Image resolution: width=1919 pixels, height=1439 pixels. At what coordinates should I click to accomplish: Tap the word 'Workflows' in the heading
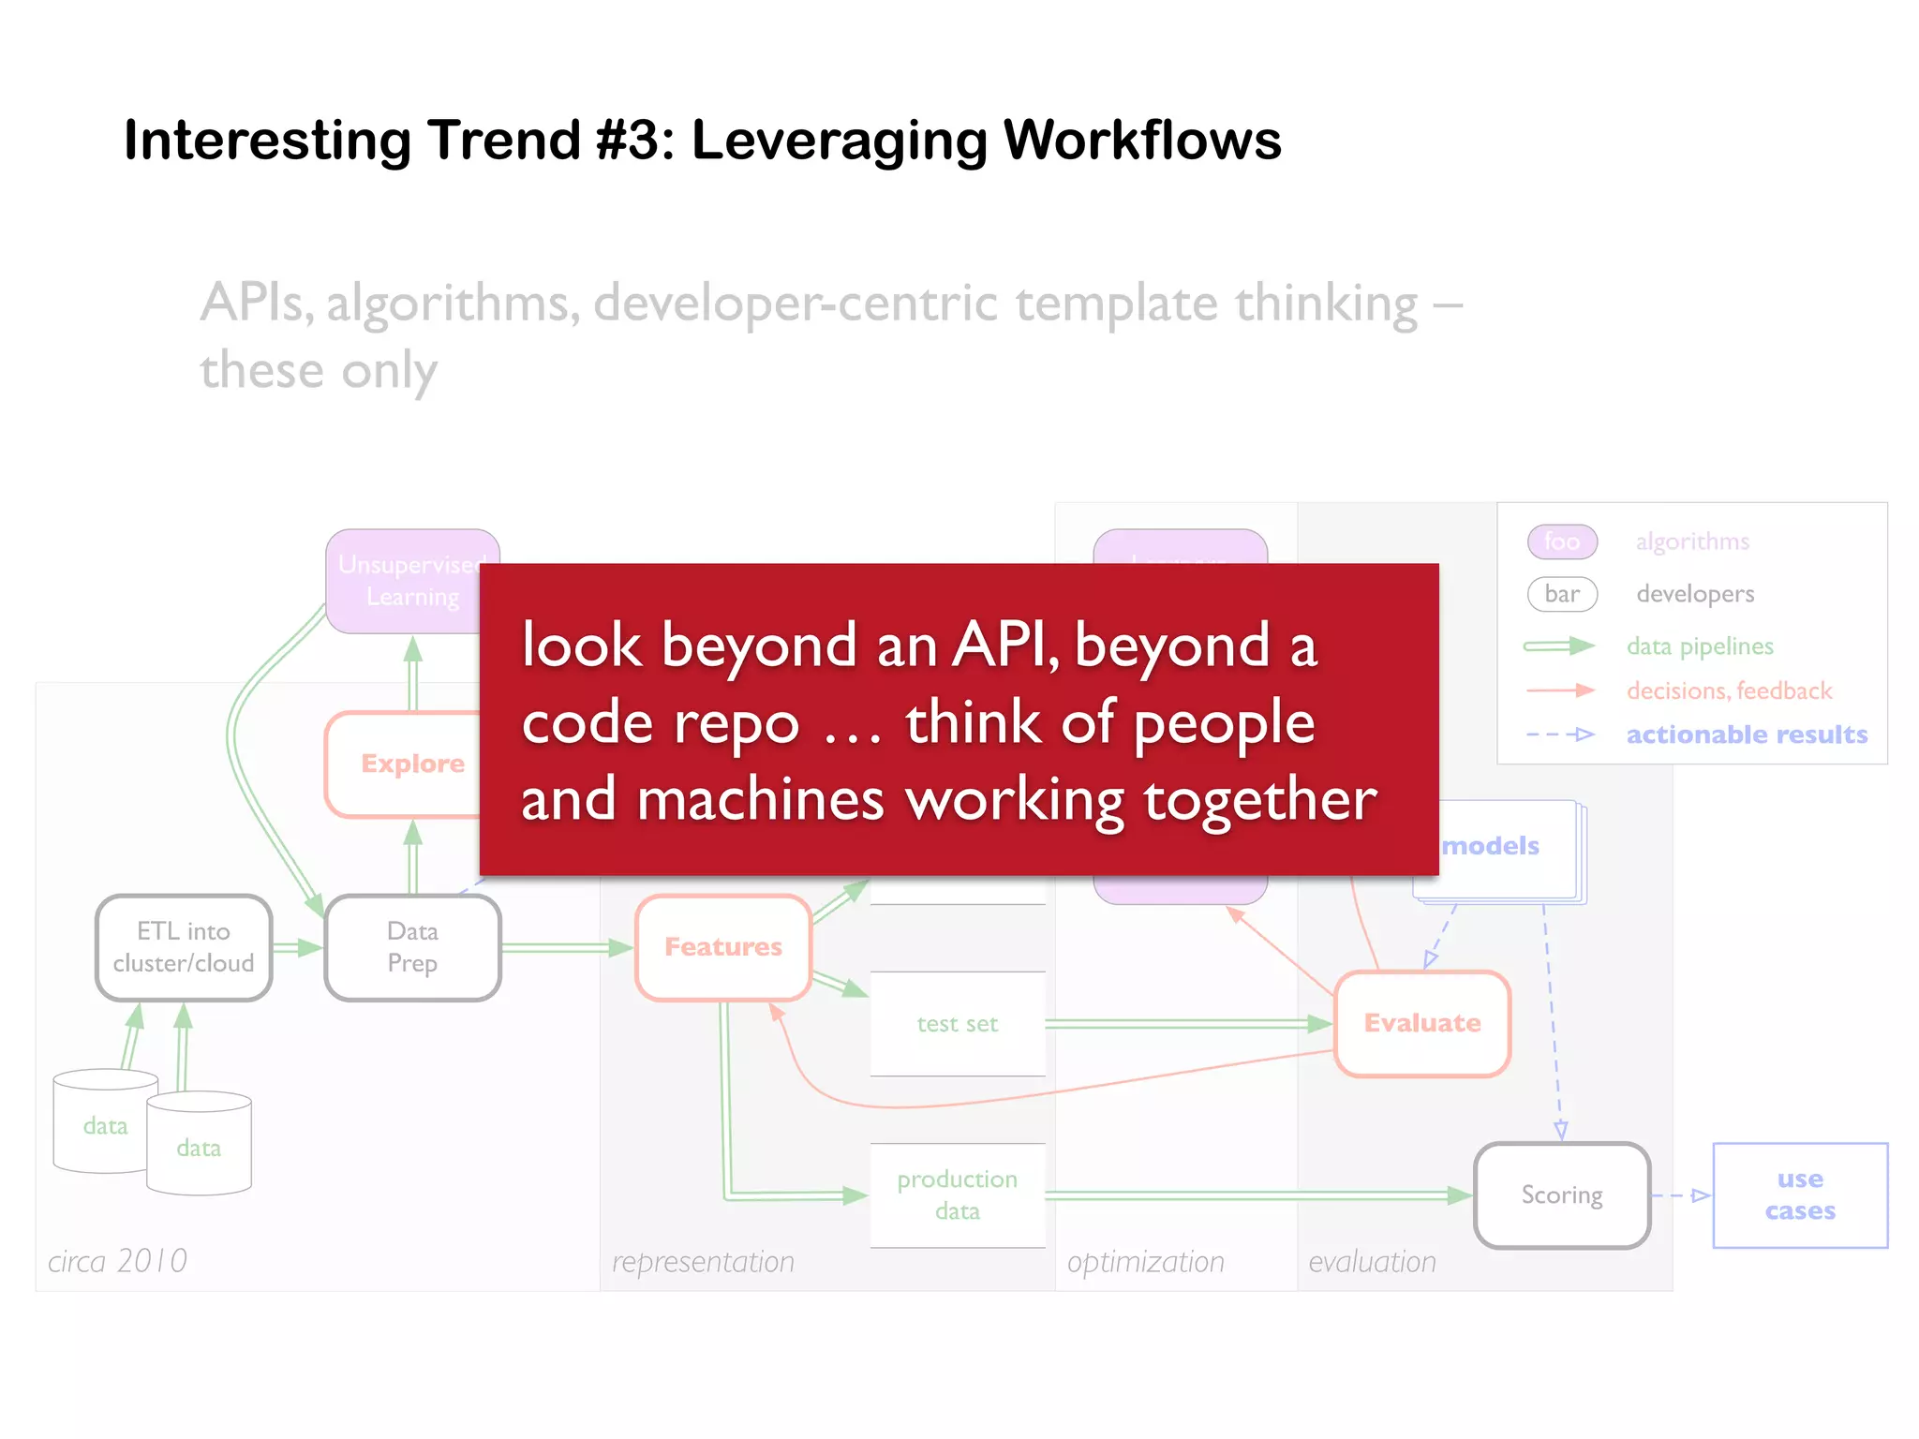(x=1141, y=141)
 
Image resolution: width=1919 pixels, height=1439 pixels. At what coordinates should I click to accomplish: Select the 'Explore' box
(x=403, y=764)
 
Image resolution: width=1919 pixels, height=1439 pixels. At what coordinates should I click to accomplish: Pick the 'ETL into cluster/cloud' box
(x=184, y=947)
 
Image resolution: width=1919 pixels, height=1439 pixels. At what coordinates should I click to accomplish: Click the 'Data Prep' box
(x=412, y=947)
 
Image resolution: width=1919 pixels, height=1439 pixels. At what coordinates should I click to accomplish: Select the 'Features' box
(x=723, y=947)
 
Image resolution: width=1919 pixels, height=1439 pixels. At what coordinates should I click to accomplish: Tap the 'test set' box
(x=958, y=1023)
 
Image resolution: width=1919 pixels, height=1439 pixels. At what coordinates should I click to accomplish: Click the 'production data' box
(x=958, y=1194)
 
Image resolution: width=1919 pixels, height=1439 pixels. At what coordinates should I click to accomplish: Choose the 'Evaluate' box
(x=1422, y=1023)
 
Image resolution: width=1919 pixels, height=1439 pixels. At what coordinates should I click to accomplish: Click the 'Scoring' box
(x=1562, y=1194)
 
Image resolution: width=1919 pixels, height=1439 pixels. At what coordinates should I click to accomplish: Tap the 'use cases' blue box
(x=1800, y=1194)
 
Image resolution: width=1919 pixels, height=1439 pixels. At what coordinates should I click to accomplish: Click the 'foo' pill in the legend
(x=1562, y=541)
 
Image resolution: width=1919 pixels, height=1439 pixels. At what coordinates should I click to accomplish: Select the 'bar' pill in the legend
(x=1562, y=594)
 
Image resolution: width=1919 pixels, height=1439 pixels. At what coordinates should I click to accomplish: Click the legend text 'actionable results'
(x=1747, y=734)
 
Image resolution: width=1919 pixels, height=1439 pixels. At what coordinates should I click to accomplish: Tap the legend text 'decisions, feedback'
(x=1729, y=690)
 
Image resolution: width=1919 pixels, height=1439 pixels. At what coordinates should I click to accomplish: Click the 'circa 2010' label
(x=118, y=1261)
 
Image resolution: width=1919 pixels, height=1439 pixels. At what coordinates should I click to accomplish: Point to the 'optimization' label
(x=1145, y=1262)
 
